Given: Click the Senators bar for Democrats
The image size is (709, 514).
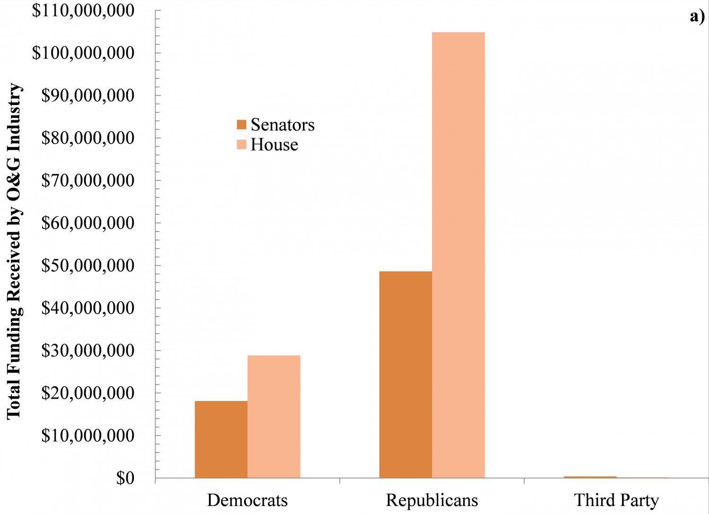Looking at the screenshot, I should coord(221,439).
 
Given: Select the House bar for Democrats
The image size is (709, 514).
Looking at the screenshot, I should coord(274,417).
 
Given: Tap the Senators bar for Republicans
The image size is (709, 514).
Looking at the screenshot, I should coord(406,374).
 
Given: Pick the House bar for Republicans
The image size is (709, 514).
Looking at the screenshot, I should coord(458,255).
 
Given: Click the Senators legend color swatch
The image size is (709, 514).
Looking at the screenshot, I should coord(242,125).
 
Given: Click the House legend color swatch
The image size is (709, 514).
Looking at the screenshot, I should coord(242,145).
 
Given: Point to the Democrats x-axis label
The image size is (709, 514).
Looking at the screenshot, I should coord(247,500).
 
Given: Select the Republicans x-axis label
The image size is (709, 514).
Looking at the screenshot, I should coord(432,500).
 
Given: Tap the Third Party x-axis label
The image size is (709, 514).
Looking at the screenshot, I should coord(616,500).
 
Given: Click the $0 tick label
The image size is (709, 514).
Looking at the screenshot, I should coord(125,478).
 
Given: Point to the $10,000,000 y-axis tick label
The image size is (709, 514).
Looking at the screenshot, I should coord(88,435).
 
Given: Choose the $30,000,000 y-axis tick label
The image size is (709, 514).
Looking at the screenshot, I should coord(88,350).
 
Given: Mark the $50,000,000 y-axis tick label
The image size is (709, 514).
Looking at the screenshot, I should coord(88,266).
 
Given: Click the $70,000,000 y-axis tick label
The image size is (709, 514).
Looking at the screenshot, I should coord(88,180).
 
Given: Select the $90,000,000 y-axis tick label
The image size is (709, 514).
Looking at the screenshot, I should coord(88,95).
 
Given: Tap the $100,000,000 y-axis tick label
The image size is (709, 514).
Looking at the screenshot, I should coord(83,53).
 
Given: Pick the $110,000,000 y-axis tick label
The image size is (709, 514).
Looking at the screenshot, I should coord(83,10).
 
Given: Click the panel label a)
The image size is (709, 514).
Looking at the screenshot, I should coord(697,17).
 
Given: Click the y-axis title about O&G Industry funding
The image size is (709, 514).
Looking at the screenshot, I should coord(14,251).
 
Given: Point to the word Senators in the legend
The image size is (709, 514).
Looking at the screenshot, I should coord(282,125).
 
